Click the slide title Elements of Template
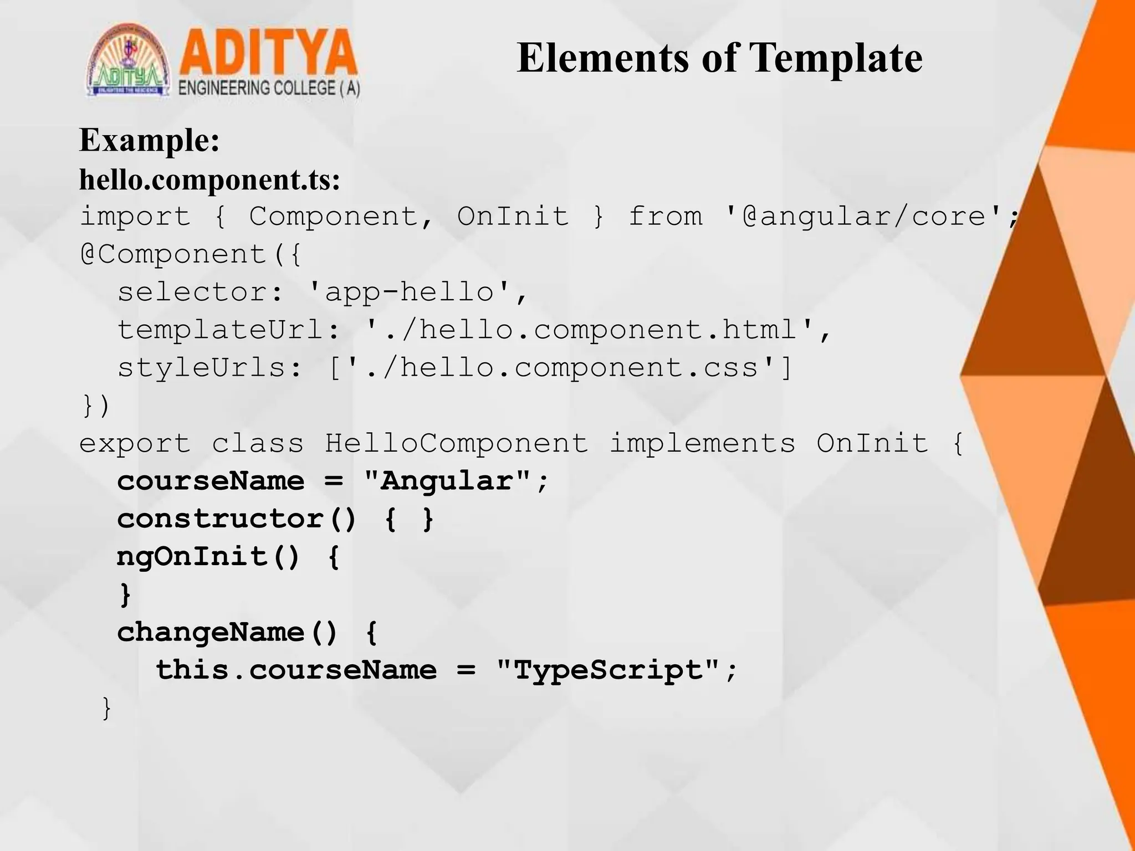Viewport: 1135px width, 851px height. [719, 58]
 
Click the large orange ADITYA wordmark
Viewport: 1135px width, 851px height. [268, 53]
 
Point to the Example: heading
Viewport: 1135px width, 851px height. [150, 140]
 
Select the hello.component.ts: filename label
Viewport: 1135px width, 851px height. [209, 180]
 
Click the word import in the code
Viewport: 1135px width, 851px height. [135, 216]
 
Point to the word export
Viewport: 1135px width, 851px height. [135, 443]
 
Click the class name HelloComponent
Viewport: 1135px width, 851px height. [456, 443]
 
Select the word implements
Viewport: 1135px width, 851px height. [702, 443]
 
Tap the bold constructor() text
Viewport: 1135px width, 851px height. [237, 519]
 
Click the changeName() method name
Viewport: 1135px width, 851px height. [227, 632]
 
